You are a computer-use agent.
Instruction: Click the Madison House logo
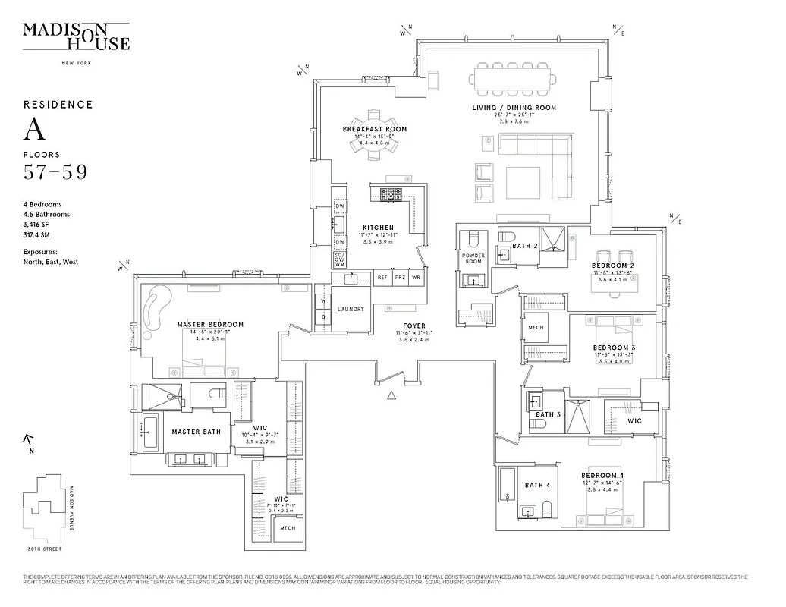click(x=76, y=37)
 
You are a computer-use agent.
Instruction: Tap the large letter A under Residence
click(x=34, y=130)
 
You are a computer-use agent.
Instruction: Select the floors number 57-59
click(x=55, y=172)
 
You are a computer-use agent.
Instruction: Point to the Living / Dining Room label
click(x=514, y=108)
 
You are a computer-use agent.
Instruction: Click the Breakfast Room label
click(x=374, y=130)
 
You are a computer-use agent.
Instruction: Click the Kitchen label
click(x=377, y=228)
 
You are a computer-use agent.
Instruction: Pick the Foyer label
click(x=413, y=326)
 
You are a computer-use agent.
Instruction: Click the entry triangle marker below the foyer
click(x=391, y=395)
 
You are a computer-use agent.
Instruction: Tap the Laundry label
click(x=351, y=309)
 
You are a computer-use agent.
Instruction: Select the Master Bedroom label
click(x=210, y=325)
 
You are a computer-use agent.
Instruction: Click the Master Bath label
click(x=196, y=432)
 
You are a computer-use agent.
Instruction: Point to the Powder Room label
click(x=473, y=259)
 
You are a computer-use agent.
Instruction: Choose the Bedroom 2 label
click(x=613, y=266)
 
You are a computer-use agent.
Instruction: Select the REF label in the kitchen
click(x=383, y=278)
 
